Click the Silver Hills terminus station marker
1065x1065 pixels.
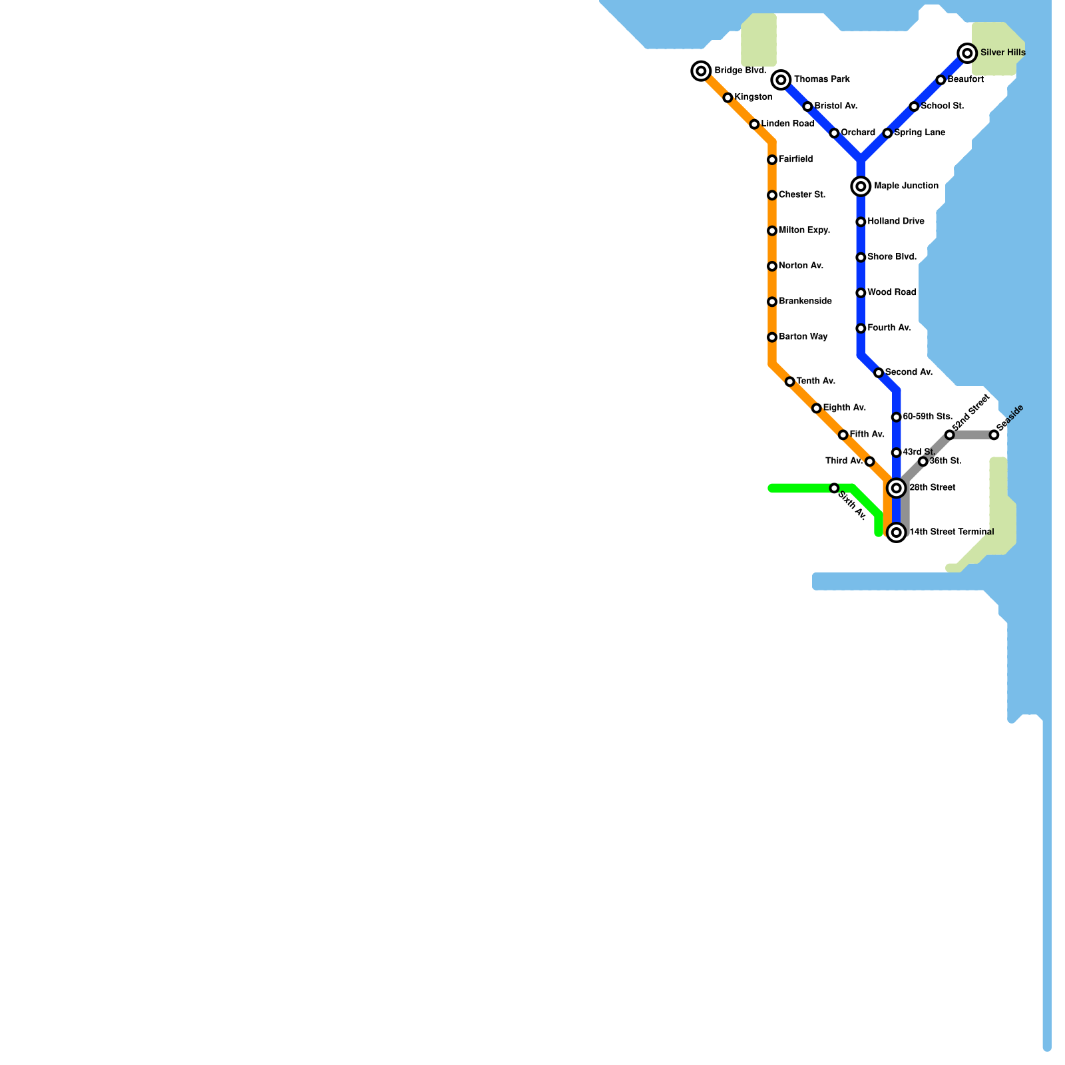[x=967, y=53]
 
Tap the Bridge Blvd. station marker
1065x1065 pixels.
[x=701, y=71]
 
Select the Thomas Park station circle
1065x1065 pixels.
[x=781, y=80]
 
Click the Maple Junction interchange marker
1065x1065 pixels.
[x=861, y=186]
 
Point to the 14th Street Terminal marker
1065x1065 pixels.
[x=897, y=532]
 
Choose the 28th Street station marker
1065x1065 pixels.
[x=897, y=489]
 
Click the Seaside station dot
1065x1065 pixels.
[x=994, y=435]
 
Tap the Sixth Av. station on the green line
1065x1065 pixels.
[x=834, y=489]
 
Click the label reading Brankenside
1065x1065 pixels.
[x=805, y=302]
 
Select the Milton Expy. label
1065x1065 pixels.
[x=804, y=230]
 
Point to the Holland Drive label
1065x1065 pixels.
[x=895, y=222]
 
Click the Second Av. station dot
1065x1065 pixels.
[x=879, y=373]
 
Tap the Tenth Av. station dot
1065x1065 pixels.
[x=789, y=381]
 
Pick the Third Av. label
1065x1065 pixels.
[x=843, y=461]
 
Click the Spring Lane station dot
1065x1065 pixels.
[x=887, y=133]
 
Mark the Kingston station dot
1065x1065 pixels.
[x=728, y=98]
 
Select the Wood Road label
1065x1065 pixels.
[x=891, y=292]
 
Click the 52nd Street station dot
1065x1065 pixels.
[x=949, y=435]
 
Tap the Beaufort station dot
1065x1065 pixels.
[x=941, y=80]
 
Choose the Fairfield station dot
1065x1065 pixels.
[x=772, y=160]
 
